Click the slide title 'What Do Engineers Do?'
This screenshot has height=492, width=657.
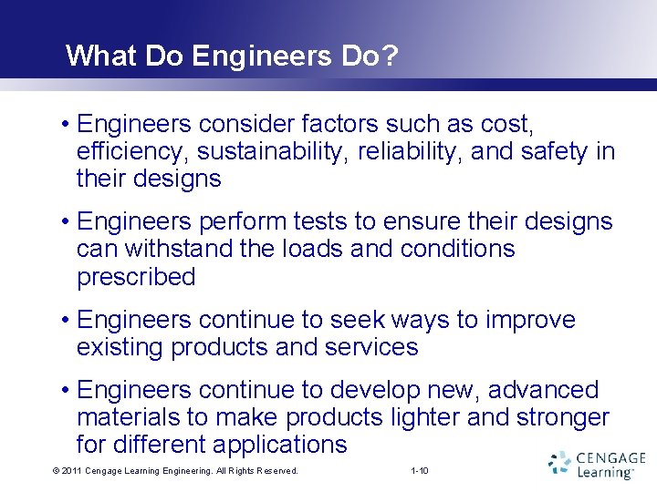click(x=232, y=56)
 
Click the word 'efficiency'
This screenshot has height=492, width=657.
click(x=135, y=151)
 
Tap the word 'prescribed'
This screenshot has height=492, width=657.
click(x=136, y=277)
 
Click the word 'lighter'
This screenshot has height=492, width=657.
click(x=418, y=417)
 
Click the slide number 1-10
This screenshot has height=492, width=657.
click(x=421, y=471)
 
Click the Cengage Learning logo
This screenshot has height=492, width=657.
click(x=597, y=465)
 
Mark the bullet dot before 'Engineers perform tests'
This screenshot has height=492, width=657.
click(x=68, y=221)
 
